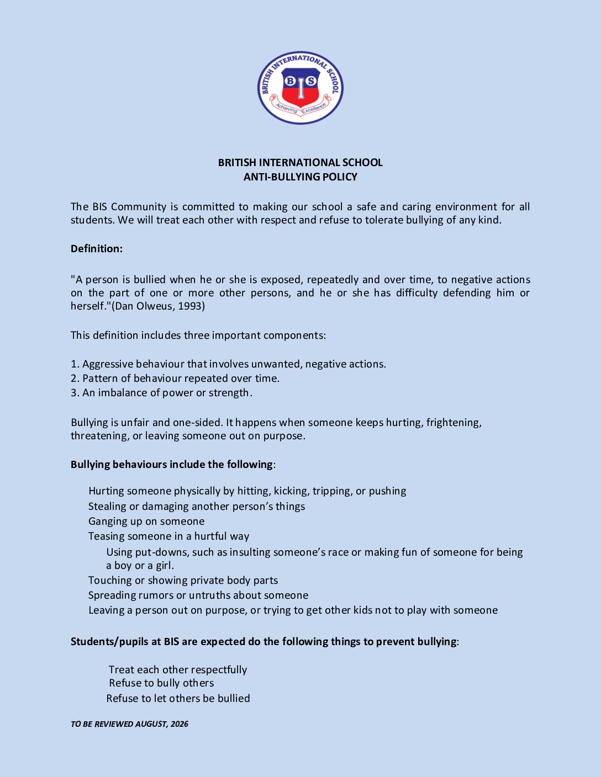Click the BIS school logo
point(300,88)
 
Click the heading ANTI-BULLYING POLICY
point(300,177)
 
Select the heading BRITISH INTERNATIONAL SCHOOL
point(300,163)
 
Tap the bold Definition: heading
point(97,249)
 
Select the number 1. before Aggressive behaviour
point(75,364)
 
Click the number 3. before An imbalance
point(75,393)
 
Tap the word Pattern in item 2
point(99,379)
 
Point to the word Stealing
point(107,507)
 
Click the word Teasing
point(107,536)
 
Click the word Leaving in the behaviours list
point(106,610)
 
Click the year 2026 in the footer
point(180,724)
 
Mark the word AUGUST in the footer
point(151,724)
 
